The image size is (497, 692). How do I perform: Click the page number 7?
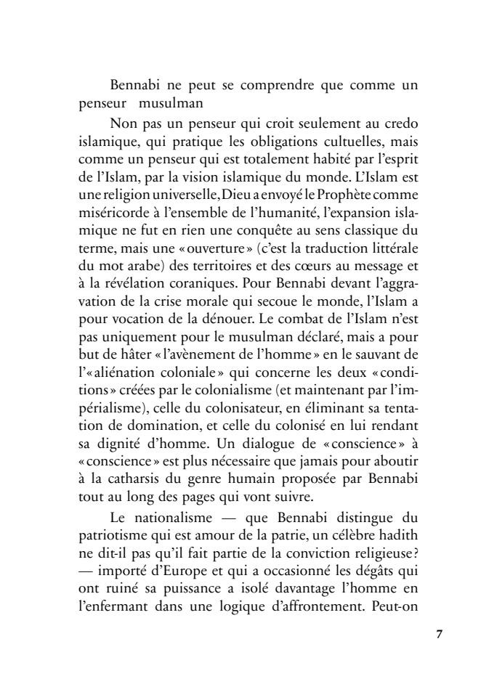pos(439,634)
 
